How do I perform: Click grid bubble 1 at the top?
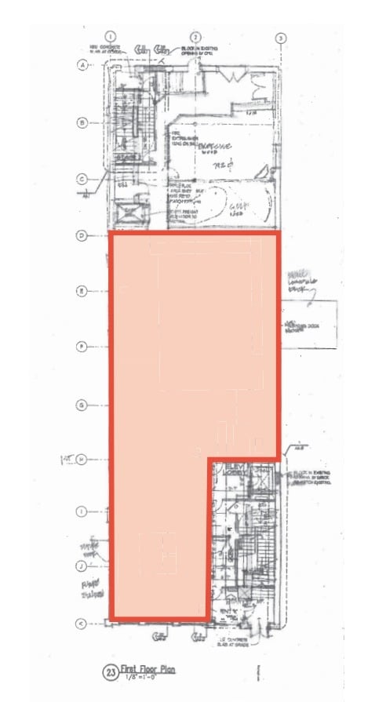(x=111, y=36)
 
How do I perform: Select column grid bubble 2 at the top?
(x=196, y=36)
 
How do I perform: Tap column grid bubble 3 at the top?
(x=279, y=37)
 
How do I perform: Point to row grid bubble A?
(x=81, y=66)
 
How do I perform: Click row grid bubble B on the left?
(x=81, y=122)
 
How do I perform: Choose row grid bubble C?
(x=81, y=178)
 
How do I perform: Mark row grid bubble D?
(x=81, y=235)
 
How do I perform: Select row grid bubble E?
(x=81, y=291)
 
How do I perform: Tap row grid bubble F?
(x=81, y=347)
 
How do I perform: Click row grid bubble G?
(x=81, y=405)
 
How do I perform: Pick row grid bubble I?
(x=81, y=511)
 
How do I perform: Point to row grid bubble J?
(x=81, y=565)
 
